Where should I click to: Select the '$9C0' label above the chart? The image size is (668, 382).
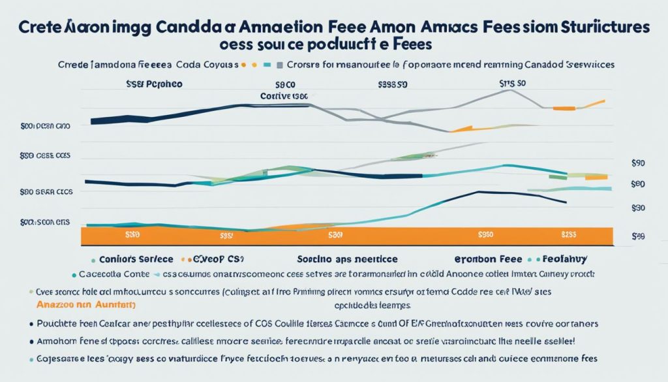286,85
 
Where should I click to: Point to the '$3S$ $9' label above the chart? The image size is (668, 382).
393,85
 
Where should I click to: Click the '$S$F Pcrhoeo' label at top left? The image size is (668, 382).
154,85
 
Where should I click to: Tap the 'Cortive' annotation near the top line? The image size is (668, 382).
275,95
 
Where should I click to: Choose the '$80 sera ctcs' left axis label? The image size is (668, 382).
45,192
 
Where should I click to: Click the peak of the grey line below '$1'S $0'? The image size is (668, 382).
509,90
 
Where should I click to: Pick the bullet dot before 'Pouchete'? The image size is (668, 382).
31,323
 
